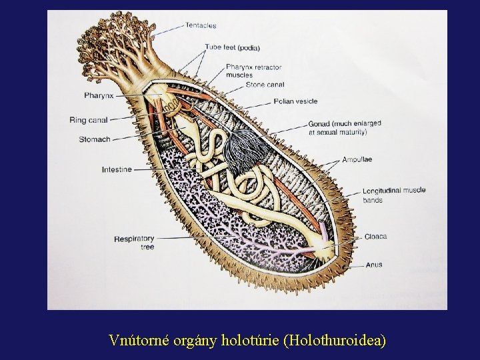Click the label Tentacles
coord(200,25)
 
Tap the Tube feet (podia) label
coord(232,47)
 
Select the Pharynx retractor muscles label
coord(253,71)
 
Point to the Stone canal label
coord(265,85)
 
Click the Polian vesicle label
coord(295,101)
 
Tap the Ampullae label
coord(357,159)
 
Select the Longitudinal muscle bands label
coord(394,195)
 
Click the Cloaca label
coord(375,236)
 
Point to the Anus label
coord(373,265)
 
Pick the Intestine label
coord(117,169)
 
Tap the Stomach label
coord(95,139)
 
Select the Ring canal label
coord(89,121)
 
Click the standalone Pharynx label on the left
coord(99,95)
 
